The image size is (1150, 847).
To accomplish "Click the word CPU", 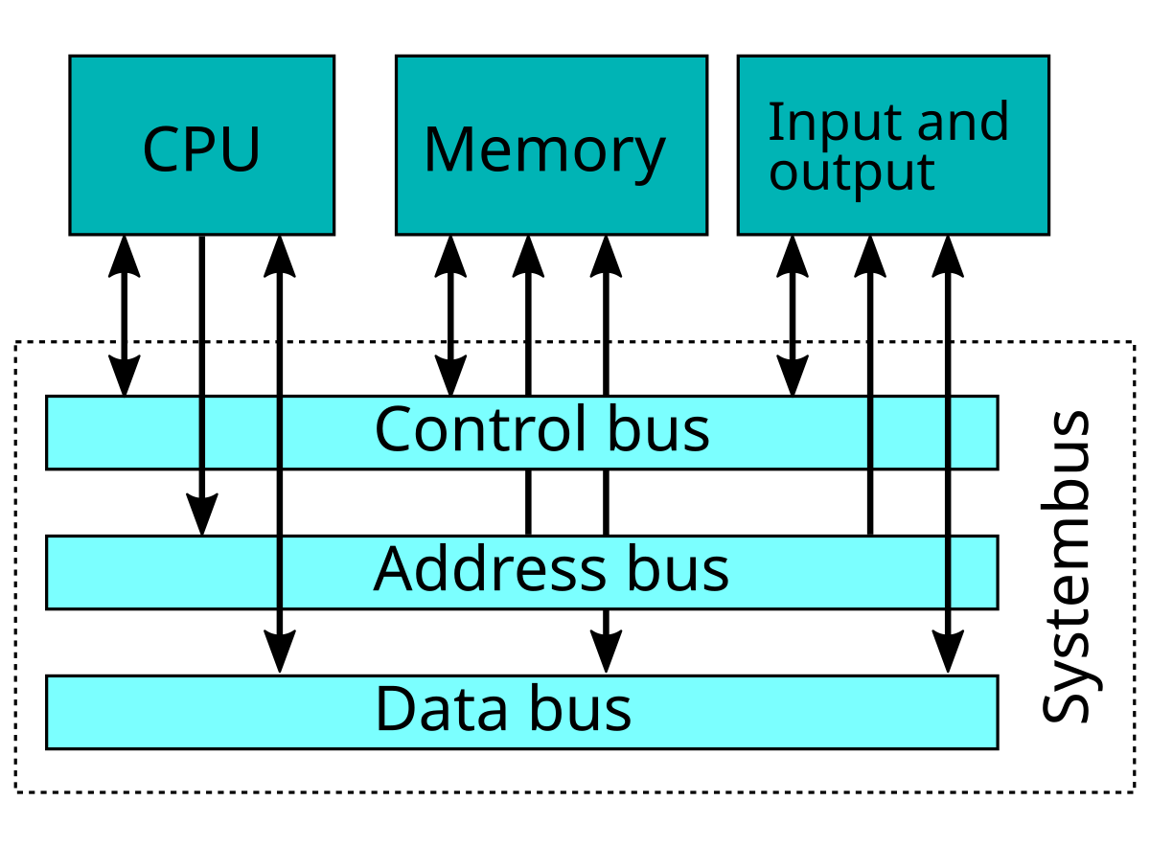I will (x=201, y=149).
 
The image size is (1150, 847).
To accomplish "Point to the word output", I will (x=851, y=172).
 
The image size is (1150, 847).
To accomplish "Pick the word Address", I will (x=489, y=569).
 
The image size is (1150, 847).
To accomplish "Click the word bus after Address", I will (x=678, y=569).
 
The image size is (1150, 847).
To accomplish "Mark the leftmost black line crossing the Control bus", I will (x=202, y=433).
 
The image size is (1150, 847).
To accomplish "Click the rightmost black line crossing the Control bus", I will (x=948, y=433).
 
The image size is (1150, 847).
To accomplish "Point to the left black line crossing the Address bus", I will (x=280, y=573).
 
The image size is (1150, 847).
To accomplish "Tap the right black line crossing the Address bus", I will (x=948, y=573).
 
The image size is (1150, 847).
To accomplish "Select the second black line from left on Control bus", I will (x=280, y=433).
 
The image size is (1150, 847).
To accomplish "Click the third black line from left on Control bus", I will (x=870, y=433).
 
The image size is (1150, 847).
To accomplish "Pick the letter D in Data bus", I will (x=392, y=709).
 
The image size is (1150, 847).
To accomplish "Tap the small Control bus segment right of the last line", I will (x=974, y=433).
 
